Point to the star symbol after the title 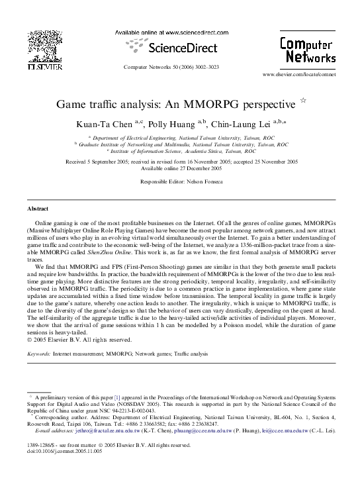click(303, 101)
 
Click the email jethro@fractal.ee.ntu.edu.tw click(91, 430)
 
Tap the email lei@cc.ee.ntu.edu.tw click(286, 430)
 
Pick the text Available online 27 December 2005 click(180, 168)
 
